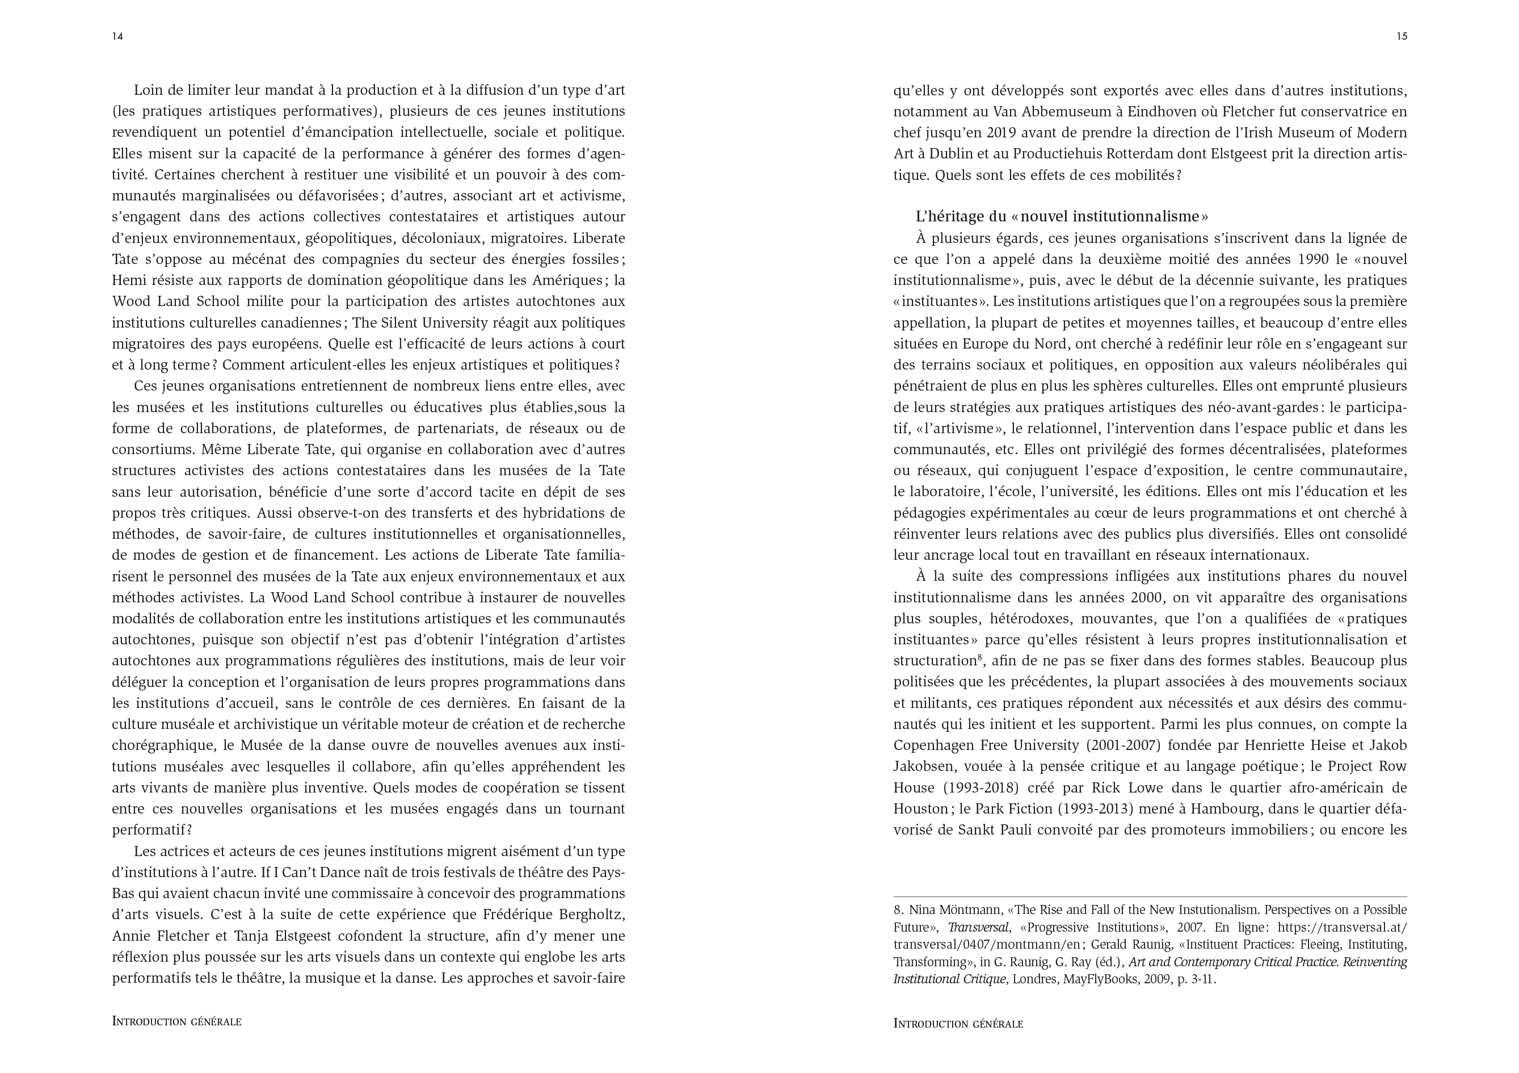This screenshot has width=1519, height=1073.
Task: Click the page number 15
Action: click(1401, 36)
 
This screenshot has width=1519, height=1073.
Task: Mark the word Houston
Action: click(920, 809)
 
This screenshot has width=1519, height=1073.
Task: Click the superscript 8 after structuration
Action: click(979, 657)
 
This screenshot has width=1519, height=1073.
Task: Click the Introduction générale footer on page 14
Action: click(176, 1021)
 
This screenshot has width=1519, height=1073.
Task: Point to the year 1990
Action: click(1313, 259)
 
